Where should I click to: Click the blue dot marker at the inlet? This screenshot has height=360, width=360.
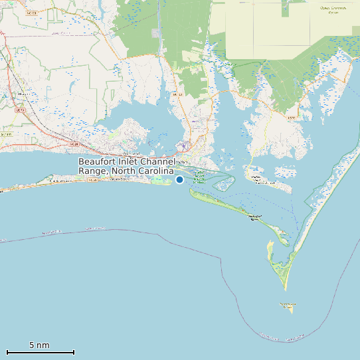click(179, 179)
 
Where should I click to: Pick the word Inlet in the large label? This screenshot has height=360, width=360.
click(131, 161)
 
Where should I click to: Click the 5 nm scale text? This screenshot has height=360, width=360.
click(39, 345)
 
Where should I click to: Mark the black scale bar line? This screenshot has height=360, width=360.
click(40, 352)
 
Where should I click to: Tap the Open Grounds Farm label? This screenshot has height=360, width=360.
click(333, 10)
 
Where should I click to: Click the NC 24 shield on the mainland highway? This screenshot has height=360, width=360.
click(73, 143)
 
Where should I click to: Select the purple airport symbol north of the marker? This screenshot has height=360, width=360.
click(184, 145)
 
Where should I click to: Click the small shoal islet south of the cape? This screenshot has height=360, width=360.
click(287, 306)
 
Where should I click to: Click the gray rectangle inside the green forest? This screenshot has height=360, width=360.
click(156, 33)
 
